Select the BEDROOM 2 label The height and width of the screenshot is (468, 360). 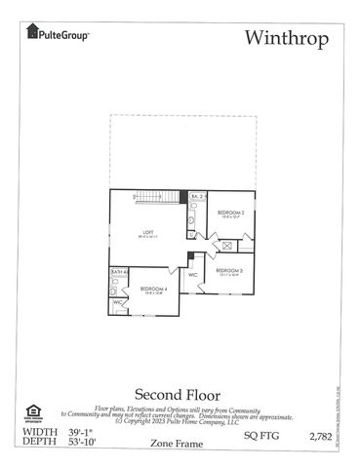click(x=230, y=213)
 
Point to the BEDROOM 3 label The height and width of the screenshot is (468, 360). click(x=229, y=270)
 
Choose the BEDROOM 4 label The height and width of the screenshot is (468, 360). click(x=153, y=290)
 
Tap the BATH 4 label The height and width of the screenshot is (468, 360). click(x=118, y=272)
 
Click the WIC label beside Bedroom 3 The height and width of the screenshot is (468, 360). click(x=193, y=275)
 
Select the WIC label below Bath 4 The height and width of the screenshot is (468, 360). click(x=117, y=303)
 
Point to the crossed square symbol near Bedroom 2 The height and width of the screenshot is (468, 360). click(x=226, y=247)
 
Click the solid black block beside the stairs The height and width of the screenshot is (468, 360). click(x=182, y=197)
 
